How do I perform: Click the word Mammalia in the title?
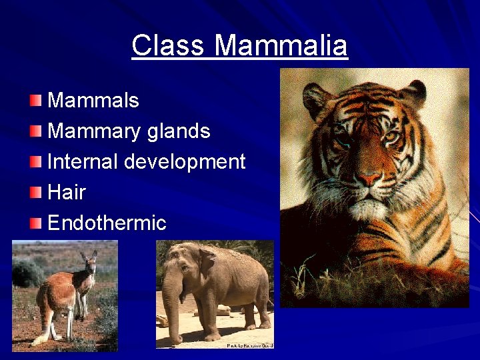click(281, 46)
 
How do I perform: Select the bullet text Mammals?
click(93, 101)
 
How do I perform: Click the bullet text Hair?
click(67, 192)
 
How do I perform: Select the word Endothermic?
click(107, 223)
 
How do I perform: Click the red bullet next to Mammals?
click(35, 101)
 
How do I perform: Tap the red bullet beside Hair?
click(35, 193)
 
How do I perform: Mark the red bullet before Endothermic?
click(35, 223)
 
